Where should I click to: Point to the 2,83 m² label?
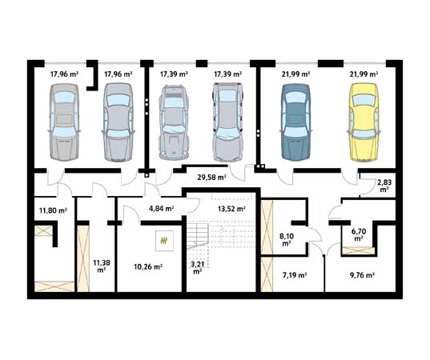[384, 186]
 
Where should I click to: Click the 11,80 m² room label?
[53, 211]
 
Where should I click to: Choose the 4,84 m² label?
[162, 209]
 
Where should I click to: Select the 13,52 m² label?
[231, 209]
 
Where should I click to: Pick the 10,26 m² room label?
[148, 266]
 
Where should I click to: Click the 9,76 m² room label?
[363, 275]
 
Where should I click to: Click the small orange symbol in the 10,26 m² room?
[166, 238]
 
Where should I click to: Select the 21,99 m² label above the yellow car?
[363, 74]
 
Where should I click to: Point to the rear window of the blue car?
[295, 142]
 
